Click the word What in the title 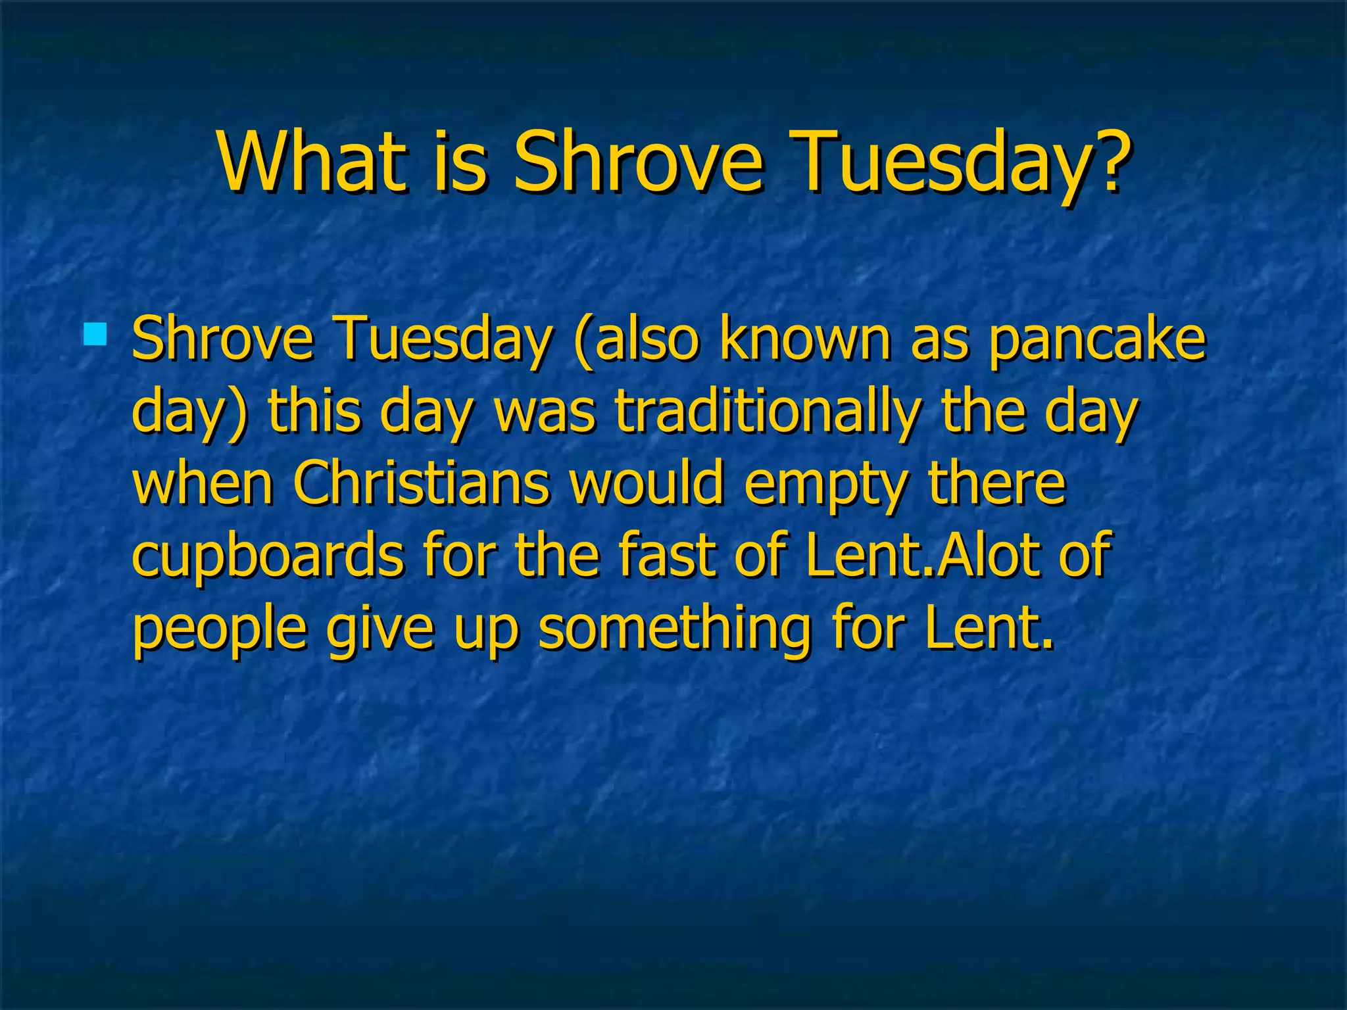pos(310,161)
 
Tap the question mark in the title pos(1111,161)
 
